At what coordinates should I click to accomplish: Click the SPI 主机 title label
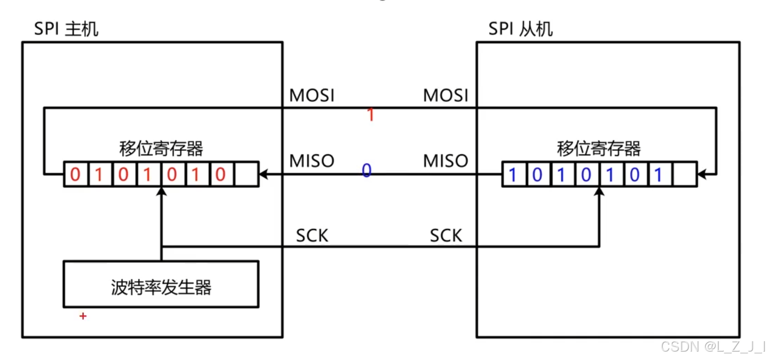tap(66, 29)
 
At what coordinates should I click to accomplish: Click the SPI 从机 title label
tap(520, 29)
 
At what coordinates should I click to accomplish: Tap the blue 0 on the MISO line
tap(366, 171)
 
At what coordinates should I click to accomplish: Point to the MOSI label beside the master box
tap(311, 96)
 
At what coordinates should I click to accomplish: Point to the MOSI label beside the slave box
tap(446, 96)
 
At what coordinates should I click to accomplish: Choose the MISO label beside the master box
tap(311, 161)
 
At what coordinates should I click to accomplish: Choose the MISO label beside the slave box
tap(446, 161)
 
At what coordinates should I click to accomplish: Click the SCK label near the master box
tap(312, 236)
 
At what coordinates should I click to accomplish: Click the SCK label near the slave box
tap(446, 236)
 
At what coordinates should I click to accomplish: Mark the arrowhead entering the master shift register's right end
tap(263, 174)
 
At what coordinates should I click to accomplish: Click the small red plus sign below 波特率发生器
tap(83, 316)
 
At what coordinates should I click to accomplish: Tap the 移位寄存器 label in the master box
tap(161, 149)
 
